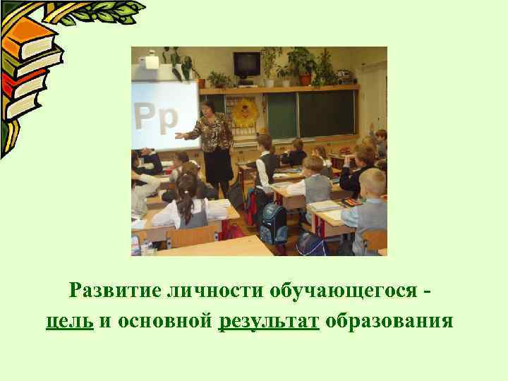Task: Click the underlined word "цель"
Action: [x=70, y=322]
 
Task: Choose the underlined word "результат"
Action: [x=270, y=322]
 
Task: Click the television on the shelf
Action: [x=247, y=64]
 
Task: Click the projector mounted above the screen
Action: [x=150, y=61]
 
